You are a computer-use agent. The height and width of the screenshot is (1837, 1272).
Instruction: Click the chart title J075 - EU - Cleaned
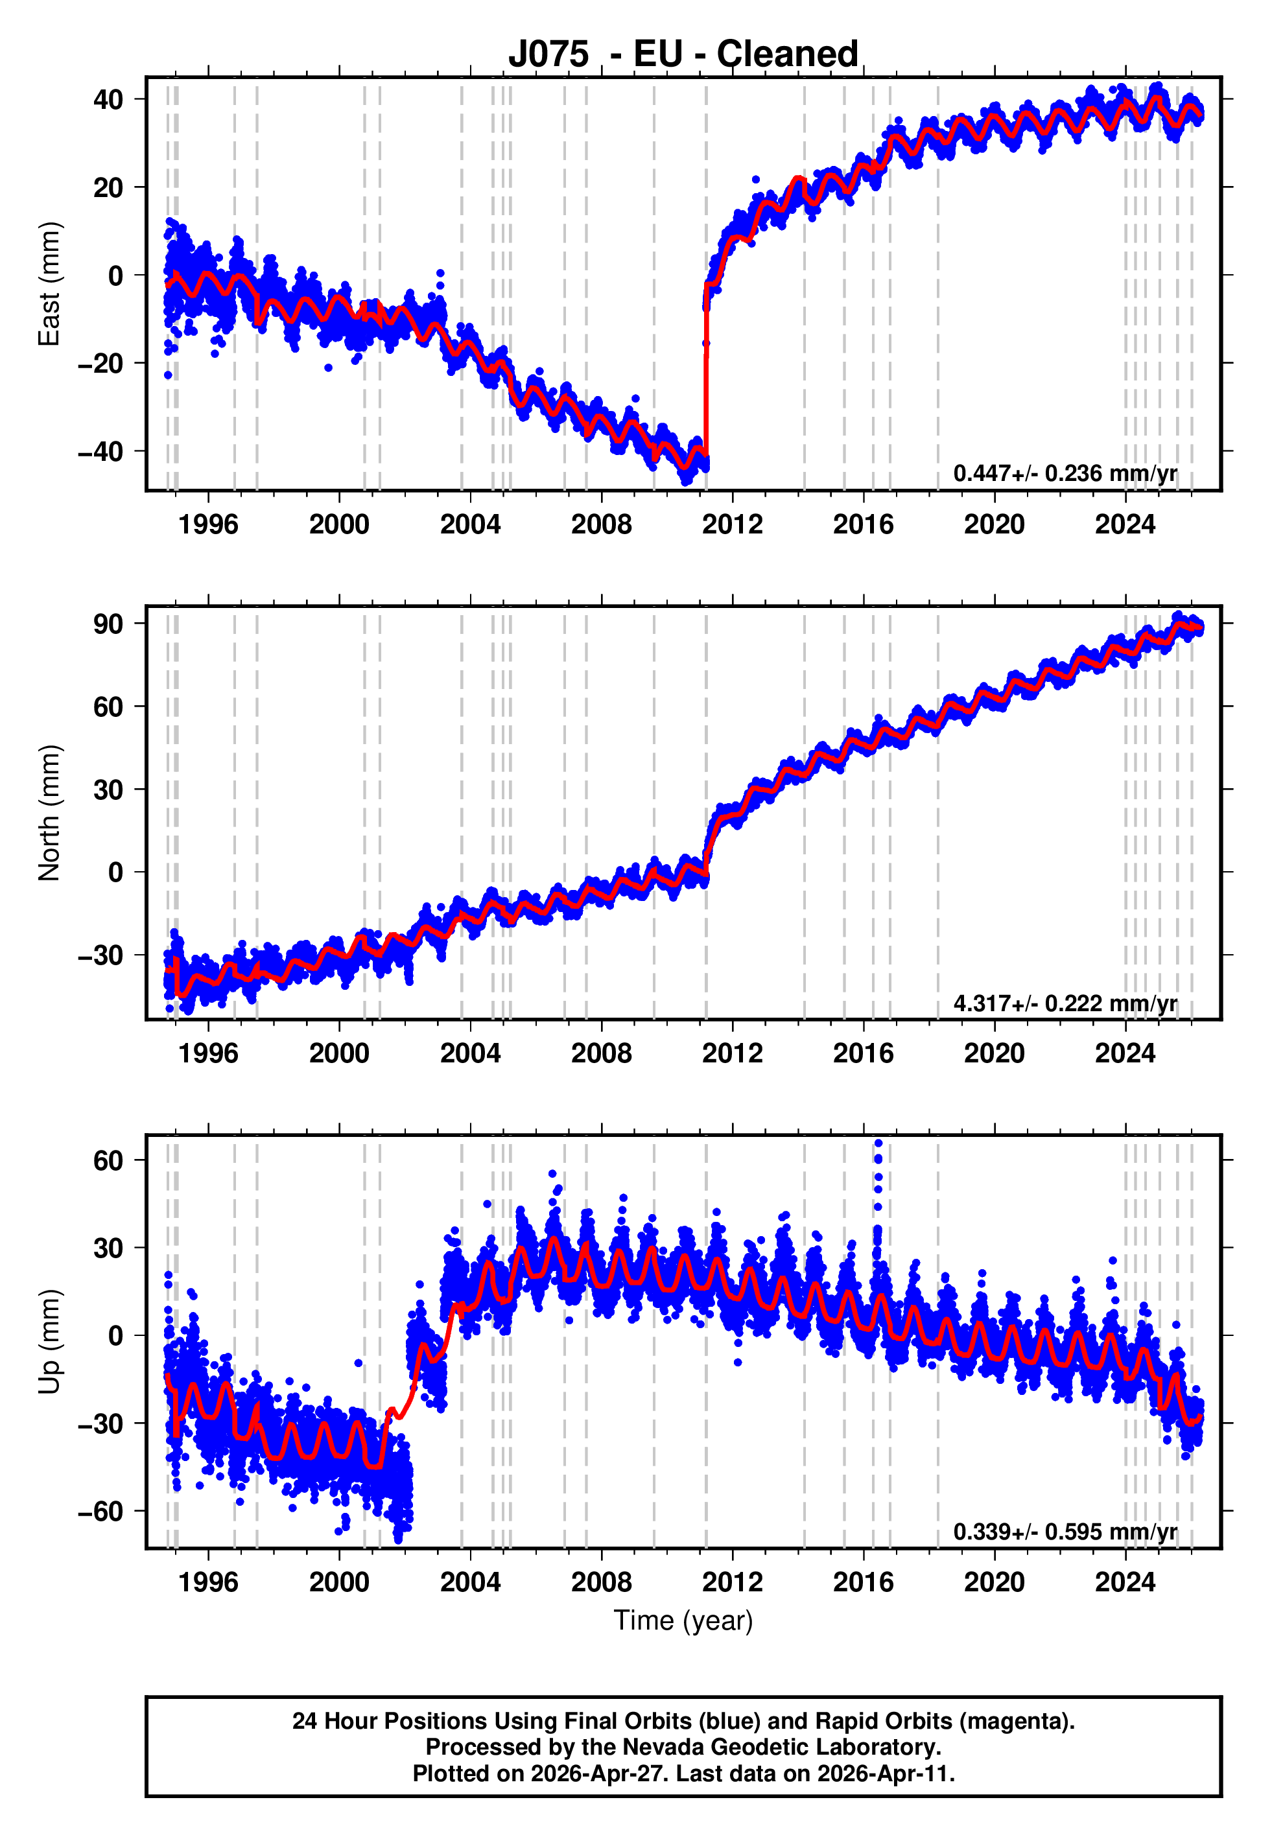tap(683, 54)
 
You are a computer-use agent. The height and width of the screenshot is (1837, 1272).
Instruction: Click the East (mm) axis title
tap(49, 284)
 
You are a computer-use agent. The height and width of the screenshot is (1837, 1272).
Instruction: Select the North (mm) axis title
tap(49, 813)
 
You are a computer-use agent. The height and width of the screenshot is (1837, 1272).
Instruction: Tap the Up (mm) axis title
tap(49, 1342)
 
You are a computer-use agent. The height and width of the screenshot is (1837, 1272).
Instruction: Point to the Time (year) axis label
tap(683, 1621)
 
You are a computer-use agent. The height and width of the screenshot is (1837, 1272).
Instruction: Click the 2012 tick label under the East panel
tap(732, 524)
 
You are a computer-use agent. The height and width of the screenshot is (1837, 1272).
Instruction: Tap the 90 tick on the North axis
tap(108, 624)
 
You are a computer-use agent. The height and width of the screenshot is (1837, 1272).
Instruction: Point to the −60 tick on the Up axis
tap(100, 1511)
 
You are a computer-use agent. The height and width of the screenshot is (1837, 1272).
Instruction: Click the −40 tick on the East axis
tap(100, 452)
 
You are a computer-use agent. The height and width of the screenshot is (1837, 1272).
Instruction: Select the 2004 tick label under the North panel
tap(470, 1053)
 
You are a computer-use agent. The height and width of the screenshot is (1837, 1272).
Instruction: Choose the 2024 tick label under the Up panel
tap(1125, 1582)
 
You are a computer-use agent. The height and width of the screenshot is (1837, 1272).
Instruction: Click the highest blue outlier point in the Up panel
tap(878, 1143)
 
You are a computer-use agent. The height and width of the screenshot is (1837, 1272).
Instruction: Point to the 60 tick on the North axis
tap(108, 707)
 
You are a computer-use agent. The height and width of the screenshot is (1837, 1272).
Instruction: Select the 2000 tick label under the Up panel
tap(340, 1582)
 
